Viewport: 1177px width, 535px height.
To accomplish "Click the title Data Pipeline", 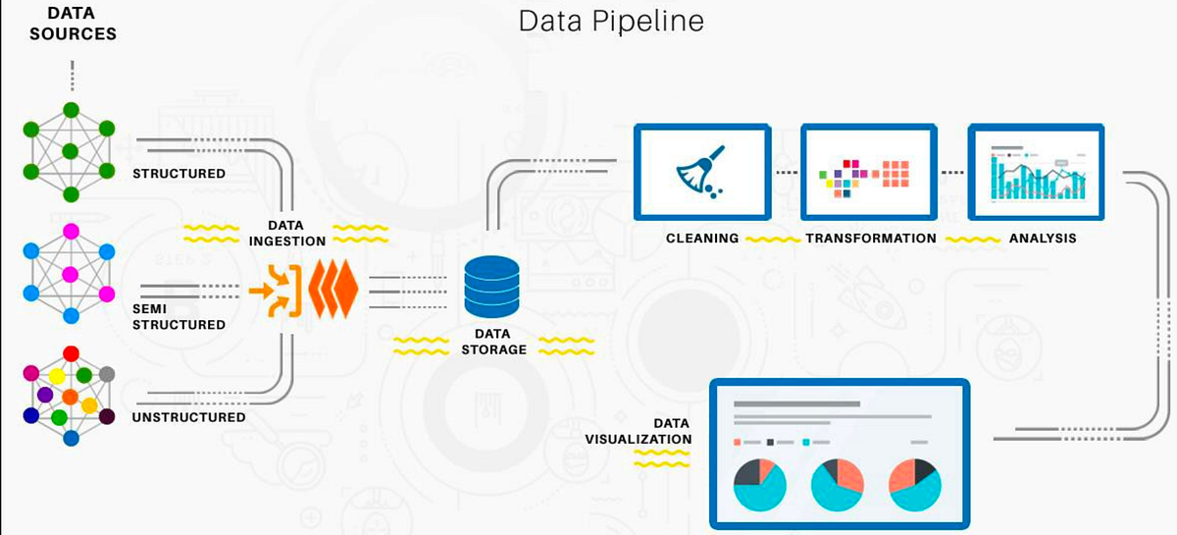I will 610,22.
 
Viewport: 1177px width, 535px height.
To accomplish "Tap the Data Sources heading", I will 72,25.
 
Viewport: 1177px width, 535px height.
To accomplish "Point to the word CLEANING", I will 702,239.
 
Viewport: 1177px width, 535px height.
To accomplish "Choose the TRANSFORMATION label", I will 871,239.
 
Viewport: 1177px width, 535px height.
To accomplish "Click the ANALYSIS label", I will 1043,239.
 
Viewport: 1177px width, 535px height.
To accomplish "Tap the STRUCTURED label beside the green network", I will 179,174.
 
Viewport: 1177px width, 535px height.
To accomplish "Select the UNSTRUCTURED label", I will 189,417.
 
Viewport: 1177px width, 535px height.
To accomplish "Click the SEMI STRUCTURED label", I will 178,316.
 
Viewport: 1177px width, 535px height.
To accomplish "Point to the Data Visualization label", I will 640,431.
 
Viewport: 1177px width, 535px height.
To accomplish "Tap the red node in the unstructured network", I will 71,353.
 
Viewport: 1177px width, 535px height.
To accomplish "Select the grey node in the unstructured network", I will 107,374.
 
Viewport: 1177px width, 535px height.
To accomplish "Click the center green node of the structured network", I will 71,151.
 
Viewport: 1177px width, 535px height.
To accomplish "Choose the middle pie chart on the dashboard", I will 837,485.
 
